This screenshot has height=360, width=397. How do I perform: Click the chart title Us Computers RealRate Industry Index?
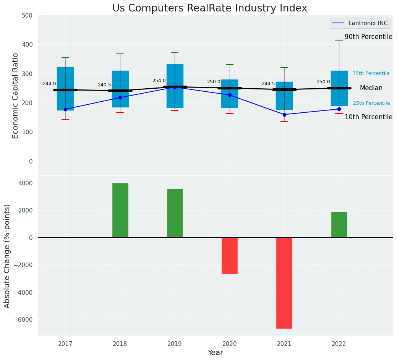pos(209,8)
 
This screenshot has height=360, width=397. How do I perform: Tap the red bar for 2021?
pos(284,283)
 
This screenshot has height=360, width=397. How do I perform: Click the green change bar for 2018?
pos(120,210)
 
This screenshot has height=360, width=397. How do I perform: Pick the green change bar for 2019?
pos(175,213)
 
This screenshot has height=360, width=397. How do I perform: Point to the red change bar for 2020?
pos(230,256)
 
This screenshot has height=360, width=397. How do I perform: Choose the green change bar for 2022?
pos(339,224)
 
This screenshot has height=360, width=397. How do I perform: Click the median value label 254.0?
pos(159,81)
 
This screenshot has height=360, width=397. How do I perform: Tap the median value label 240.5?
pos(104,85)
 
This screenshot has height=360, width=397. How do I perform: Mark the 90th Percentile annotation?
pos(368,37)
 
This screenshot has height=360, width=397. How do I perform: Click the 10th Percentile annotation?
pos(368,117)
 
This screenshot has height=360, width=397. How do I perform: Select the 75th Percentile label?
pos(371,73)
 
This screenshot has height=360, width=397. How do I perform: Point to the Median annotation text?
pos(371,88)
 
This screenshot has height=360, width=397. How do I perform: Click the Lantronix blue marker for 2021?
pos(284,115)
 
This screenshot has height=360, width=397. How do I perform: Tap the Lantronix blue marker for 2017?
pos(65,109)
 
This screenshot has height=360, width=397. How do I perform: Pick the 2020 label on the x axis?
pos(230,344)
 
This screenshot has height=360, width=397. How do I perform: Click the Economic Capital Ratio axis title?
pos(16,96)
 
